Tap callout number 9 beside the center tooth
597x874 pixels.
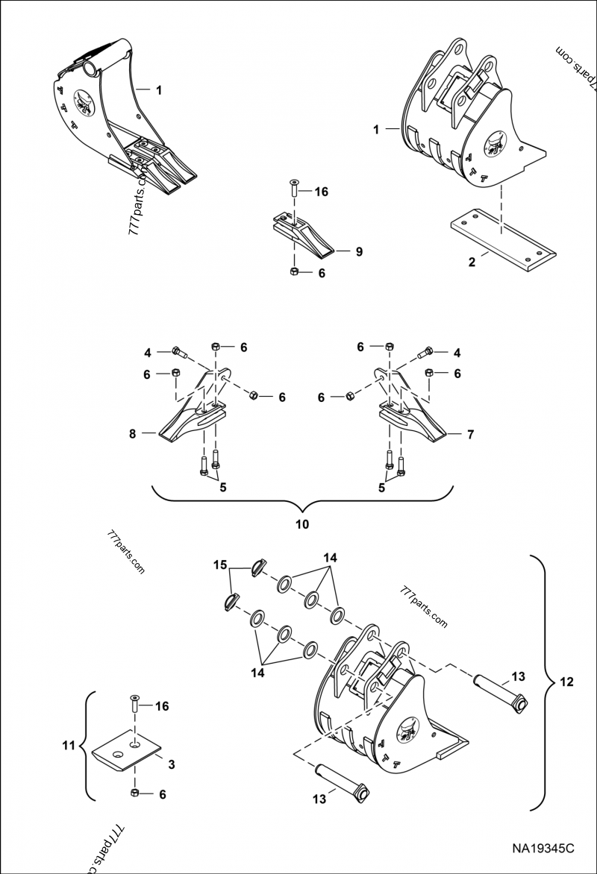pyautogui.click(x=359, y=251)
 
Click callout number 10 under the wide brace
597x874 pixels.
pyautogui.click(x=301, y=524)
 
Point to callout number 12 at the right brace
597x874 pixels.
pyautogui.click(x=567, y=681)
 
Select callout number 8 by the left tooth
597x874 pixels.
pyautogui.click(x=132, y=433)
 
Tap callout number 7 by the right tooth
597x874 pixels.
pyautogui.click(x=470, y=433)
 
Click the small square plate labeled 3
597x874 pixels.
pyautogui.click(x=127, y=751)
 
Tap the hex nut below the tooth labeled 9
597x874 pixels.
pyautogui.click(x=294, y=272)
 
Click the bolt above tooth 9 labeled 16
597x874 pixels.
pyautogui.click(x=293, y=189)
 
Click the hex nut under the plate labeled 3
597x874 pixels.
pyautogui.click(x=135, y=793)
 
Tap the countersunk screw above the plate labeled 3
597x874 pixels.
pyautogui.click(x=134, y=703)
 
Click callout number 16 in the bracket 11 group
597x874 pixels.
pyautogui.click(x=162, y=705)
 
